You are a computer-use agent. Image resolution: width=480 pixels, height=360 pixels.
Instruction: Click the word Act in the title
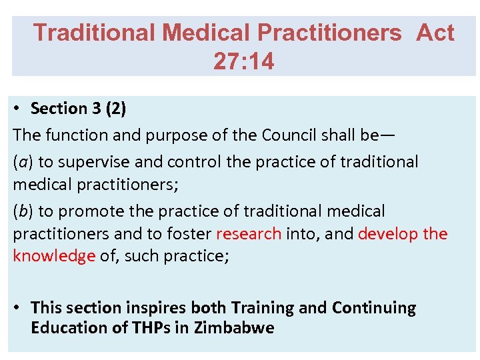435,33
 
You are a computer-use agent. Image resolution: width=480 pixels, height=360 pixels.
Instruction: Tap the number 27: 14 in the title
243,62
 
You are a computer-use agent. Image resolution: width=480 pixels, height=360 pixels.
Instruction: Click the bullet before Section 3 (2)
19,109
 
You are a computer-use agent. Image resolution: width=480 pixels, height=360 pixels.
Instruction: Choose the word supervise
97,161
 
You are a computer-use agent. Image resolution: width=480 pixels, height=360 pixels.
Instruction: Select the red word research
249,234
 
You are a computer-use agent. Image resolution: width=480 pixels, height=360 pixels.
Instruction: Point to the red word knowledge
54,257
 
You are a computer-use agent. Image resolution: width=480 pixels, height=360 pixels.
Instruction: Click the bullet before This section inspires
19,308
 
